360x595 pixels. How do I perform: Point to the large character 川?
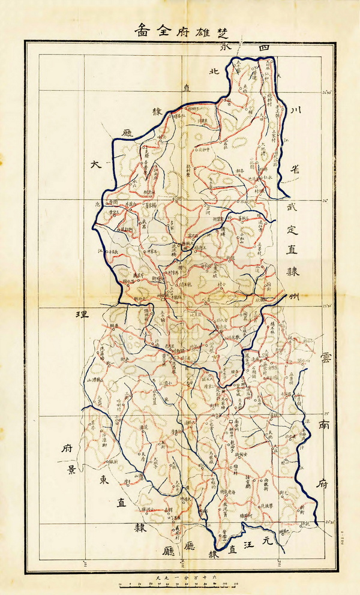pos(295,111)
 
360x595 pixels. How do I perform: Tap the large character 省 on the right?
pos(296,170)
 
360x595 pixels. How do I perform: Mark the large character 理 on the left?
pos(77,314)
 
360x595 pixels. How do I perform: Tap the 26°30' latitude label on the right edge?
pos(328,93)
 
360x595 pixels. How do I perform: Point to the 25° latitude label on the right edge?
pos(327,413)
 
